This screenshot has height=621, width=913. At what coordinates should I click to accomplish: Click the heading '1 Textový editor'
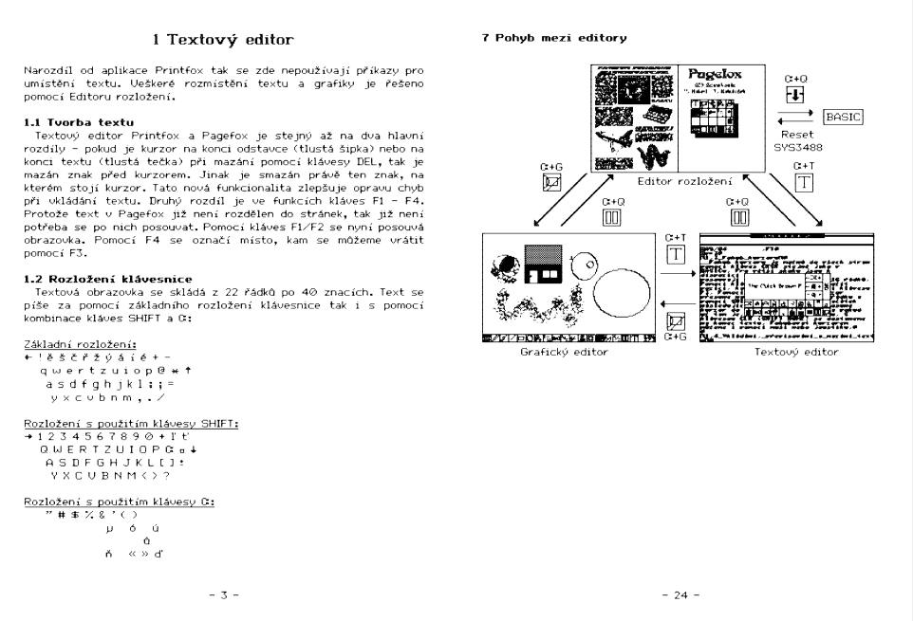[x=224, y=40]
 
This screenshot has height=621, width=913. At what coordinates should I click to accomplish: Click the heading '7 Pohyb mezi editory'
[x=553, y=39]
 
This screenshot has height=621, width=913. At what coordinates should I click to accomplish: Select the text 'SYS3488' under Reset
[x=795, y=147]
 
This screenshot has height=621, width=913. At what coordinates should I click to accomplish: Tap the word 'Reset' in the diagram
[x=795, y=135]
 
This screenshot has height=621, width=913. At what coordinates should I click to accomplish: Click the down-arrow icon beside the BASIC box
[x=795, y=96]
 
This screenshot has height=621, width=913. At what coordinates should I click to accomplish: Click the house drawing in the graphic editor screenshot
[x=545, y=267]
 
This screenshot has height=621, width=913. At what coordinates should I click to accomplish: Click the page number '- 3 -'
[x=224, y=594]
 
